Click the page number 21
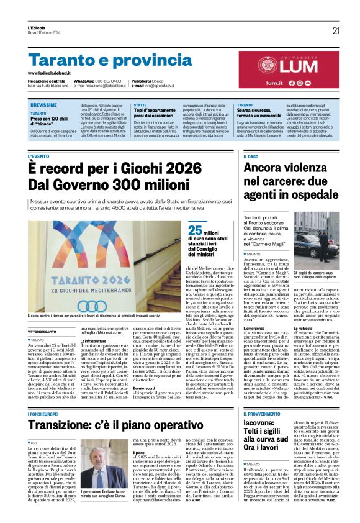pos(336,30)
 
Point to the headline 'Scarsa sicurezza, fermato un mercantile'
pos(263,114)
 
